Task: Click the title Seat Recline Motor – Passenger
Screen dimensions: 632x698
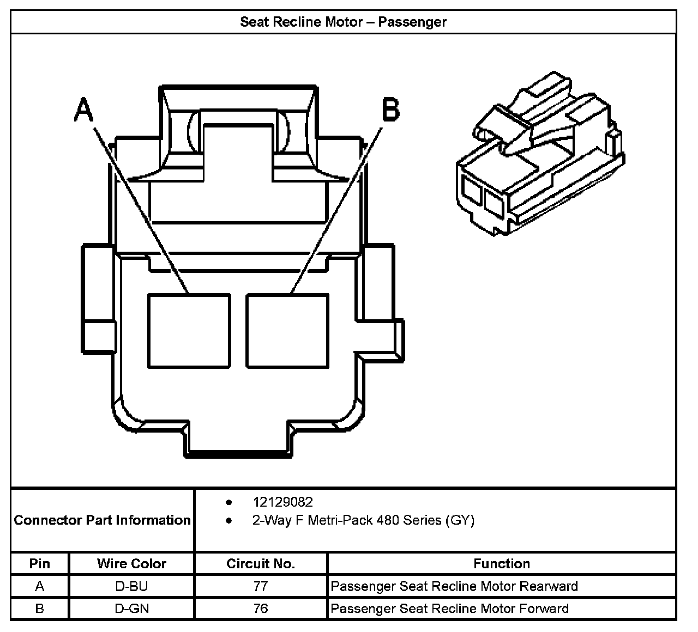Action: pyautogui.click(x=344, y=22)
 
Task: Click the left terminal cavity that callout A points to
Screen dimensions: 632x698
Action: pyautogui.click(x=189, y=330)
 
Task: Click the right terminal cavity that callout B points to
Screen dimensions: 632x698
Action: pyautogui.click(x=287, y=330)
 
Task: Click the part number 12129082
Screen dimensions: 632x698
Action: pyautogui.click(x=282, y=502)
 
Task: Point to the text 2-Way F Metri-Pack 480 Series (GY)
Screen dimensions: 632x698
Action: pyautogui.click(x=363, y=520)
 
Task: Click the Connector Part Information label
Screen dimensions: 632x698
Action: pyautogui.click(x=103, y=520)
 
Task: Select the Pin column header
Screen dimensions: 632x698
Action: pyautogui.click(x=39, y=563)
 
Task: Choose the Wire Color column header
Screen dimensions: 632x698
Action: pyautogui.click(x=131, y=563)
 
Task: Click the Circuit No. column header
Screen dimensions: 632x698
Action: pyautogui.click(x=261, y=563)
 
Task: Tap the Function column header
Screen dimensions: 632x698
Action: pyautogui.click(x=502, y=563)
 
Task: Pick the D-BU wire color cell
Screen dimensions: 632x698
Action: pyautogui.click(x=131, y=586)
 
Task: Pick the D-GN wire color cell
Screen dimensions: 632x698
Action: pyautogui.click(x=131, y=609)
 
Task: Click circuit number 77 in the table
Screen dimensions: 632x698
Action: pyautogui.click(x=261, y=586)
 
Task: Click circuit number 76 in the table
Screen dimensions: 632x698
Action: pyautogui.click(x=261, y=609)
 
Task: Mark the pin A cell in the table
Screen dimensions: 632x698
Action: pyautogui.click(x=39, y=586)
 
